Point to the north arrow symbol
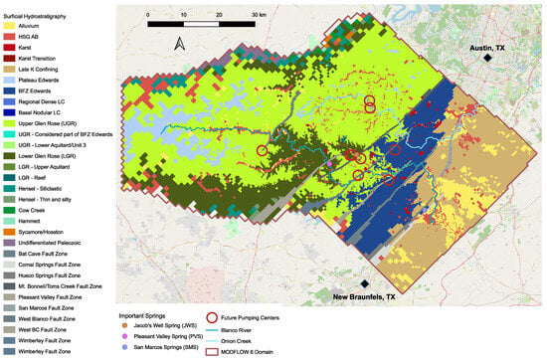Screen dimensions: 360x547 [x=178, y=44]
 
